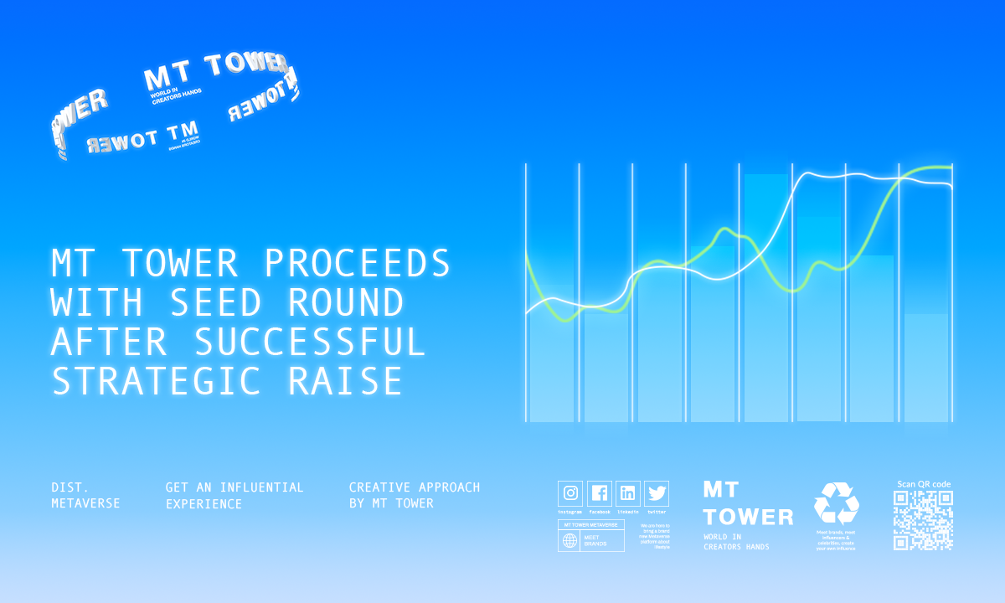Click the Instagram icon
571,493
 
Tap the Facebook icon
600,493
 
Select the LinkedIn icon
628,493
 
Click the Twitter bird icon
657,493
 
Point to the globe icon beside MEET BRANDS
570,540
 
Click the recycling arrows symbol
836,504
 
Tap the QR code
923,520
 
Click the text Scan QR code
923,484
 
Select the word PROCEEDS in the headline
358,264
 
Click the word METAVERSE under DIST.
85,504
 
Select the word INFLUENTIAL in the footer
262,487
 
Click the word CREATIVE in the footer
379,487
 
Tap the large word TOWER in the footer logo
748,517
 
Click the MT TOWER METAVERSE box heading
590,524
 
